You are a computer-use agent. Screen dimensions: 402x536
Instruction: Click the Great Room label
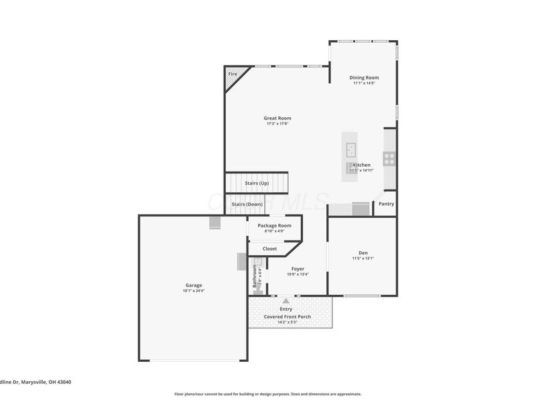[x=277, y=118]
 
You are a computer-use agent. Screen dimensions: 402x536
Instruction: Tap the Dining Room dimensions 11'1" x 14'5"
[x=364, y=83]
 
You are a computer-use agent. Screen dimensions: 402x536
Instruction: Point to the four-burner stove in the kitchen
[x=389, y=159]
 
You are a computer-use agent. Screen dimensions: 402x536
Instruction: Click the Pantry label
[x=386, y=204]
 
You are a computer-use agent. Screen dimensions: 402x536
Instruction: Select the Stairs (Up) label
[x=257, y=183]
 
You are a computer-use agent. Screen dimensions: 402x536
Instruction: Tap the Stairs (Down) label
[x=247, y=204]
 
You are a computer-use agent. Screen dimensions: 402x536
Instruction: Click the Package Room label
[x=275, y=226]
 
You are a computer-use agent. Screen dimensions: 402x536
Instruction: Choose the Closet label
[x=269, y=249]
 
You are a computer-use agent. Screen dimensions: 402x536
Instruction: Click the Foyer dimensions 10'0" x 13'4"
[x=297, y=274]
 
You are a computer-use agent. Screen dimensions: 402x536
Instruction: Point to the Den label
[x=363, y=253]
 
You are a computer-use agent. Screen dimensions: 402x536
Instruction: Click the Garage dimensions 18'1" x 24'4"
[x=194, y=291]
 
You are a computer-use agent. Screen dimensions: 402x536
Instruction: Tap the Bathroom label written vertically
[x=255, y=275]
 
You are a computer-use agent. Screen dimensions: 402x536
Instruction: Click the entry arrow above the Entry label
[x=286, y=301]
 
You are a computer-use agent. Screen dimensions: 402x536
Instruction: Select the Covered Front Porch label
[x=287, y=316]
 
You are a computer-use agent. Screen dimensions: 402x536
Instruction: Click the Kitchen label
[x=362, y=165]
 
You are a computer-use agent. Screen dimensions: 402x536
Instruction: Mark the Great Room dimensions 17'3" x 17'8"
[x=277, y=124]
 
